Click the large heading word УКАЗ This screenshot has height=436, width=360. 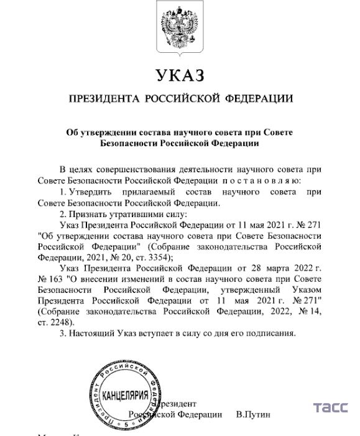pyautogui.click(x=180, y=76)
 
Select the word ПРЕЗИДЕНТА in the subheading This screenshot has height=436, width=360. pyautogui.click(x=104, y=98)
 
